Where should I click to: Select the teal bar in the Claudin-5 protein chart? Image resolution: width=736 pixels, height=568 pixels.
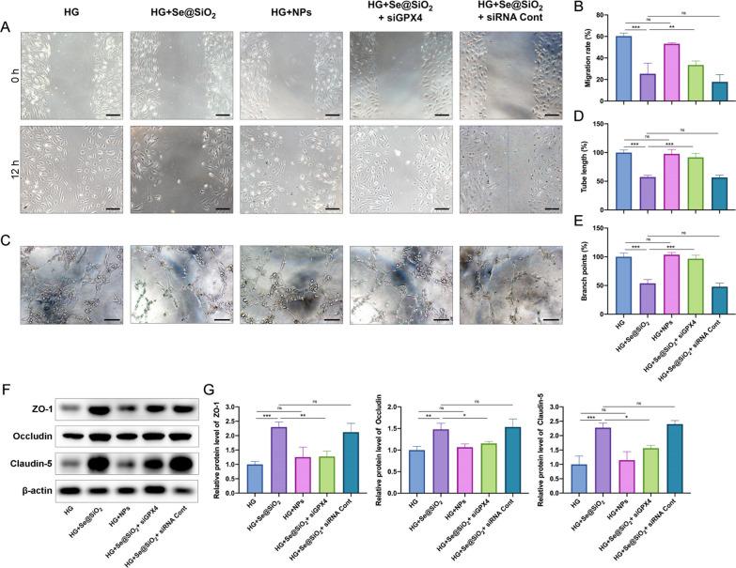point(698,460)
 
